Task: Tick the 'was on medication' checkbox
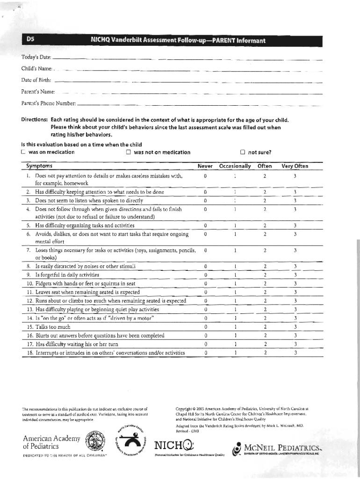tap(22, 152)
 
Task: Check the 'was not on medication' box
tap(129, 152)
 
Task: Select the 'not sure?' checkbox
tap(242, 152)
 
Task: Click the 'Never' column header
tap(205, 166)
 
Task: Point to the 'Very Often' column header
tap(295, 166)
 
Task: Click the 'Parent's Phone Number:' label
tap(48, 102)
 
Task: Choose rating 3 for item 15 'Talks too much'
tap(295, 327)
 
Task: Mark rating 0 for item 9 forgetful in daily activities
tap(206, 275)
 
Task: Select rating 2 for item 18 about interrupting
tap(265, 353)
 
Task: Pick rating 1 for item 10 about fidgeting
tap(235, 283)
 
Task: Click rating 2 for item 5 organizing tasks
tap(265, 226)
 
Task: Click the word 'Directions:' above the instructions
tap(35, 120)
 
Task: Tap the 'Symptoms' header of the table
tap(39, 166)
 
